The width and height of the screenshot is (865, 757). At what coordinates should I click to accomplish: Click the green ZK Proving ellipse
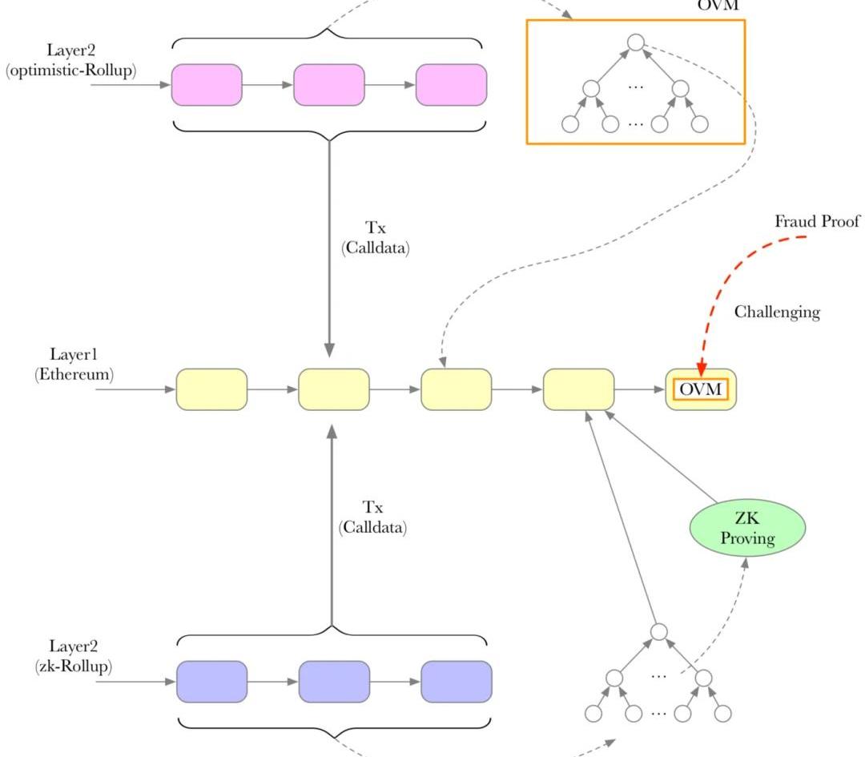point(746,528)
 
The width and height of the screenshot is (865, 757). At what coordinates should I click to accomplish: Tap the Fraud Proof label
point(817,222)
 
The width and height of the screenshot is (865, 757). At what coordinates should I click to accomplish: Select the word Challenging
point(777,312)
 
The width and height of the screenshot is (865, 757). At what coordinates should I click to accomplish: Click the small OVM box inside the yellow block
point(701,389)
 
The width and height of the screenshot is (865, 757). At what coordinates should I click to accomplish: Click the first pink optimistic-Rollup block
point(207,84)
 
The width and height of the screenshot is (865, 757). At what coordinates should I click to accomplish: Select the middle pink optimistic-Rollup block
point(329,84)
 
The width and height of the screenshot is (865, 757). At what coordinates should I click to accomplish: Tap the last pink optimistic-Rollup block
point(451,84)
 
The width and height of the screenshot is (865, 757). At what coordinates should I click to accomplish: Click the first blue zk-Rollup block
point(211,682)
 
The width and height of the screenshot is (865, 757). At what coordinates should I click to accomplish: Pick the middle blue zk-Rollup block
point(334,682)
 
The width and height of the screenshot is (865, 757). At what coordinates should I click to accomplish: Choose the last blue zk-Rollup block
point(457,682)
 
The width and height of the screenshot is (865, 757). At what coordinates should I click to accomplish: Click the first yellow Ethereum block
point(211,389)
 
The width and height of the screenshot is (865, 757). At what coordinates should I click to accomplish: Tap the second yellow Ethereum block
point(334,389)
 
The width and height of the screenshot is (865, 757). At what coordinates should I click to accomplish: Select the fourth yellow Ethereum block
point(579,389)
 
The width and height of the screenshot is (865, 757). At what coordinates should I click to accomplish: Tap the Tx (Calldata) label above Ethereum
point(375,239)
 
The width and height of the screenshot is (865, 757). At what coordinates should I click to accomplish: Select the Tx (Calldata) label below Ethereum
point(372,517)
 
